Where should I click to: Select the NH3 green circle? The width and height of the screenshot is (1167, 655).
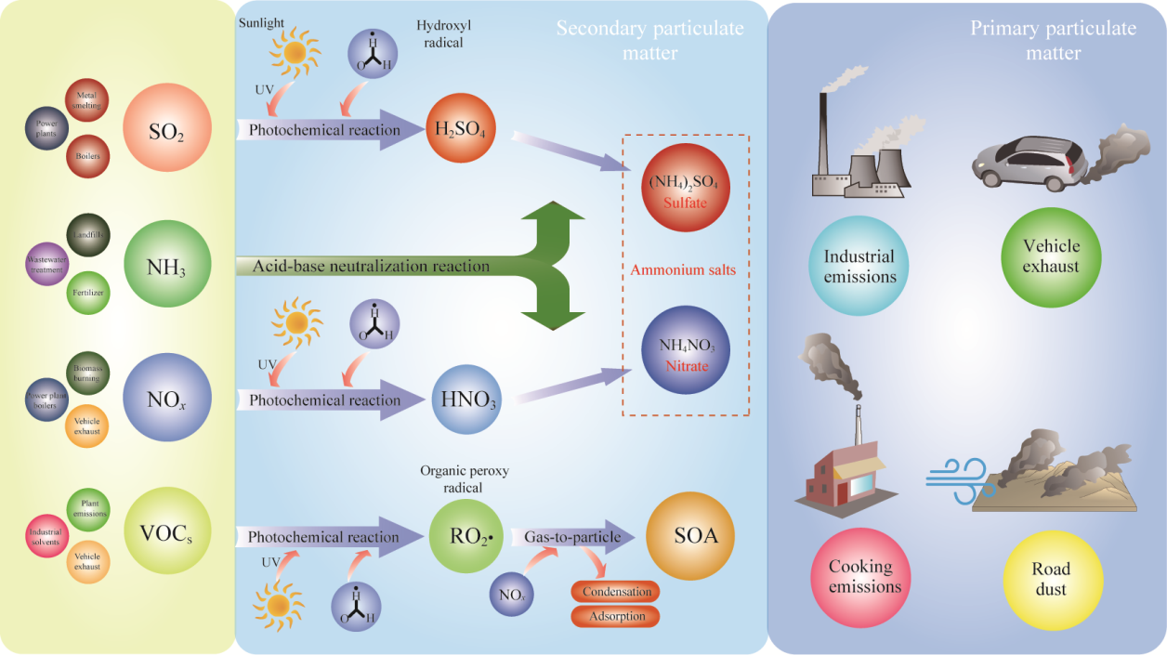[x=167, y=264]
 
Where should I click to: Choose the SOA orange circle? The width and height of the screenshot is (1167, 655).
[x=689, y=537]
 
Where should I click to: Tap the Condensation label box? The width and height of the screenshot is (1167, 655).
[x=614, y=592]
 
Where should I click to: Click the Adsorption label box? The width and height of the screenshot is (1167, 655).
[x=614, y=616]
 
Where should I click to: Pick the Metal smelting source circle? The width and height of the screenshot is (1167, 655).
[x=87, y=100]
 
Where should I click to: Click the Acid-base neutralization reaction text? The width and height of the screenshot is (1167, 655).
[x=371, y=267]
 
